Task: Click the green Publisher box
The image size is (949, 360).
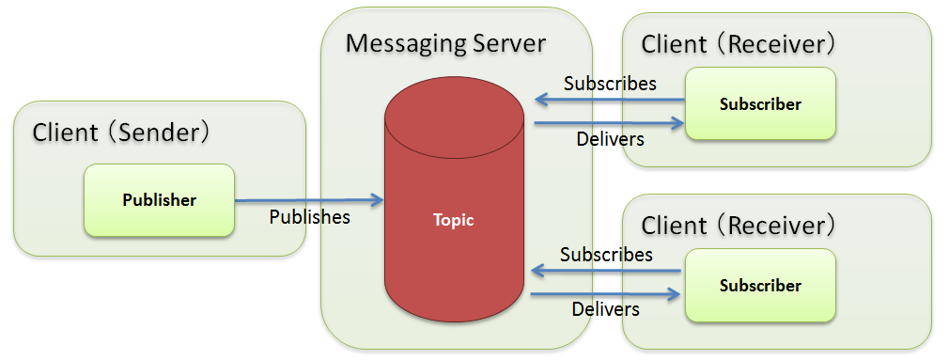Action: (x=159, y=200)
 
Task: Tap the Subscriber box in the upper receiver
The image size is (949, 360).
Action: (x=760, y=104)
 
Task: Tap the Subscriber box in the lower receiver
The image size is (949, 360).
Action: (x=760, y=285)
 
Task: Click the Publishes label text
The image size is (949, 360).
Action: (x=309, y=217)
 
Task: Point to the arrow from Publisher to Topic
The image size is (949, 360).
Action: (x=309, y=199)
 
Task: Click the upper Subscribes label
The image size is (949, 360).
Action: (x=610, y=83)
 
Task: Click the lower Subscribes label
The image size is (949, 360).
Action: (x=606, y=255)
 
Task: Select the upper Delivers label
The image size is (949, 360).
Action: (x=609, y=139)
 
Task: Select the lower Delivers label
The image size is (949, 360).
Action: (x=605, y=308)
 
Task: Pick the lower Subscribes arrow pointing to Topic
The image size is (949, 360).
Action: (x=606, y=272)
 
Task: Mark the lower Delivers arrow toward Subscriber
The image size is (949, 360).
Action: (x=606, y=294)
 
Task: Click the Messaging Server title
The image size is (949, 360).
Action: (x=445, y=43)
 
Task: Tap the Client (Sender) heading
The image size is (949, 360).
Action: (x=122, y=133)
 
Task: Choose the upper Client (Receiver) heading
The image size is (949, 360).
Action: (x=739, y=43)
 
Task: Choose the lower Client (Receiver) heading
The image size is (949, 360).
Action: (x=739, y=226)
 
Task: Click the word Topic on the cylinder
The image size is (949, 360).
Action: (x=454, y=221)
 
